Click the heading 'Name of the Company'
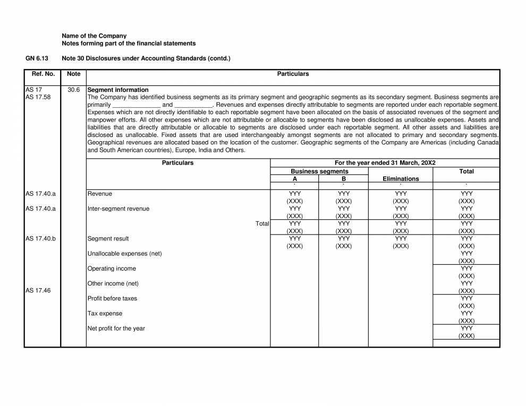(94, 36)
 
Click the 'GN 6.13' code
(37, 58)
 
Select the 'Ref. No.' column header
(43, 74)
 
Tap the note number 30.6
(74, 90)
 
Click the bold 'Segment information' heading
(118, 90)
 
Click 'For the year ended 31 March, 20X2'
(385, 163)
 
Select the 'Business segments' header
(319, 171)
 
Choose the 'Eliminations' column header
(401, 179)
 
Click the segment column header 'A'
(295, 179)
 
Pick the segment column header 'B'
(343, 179)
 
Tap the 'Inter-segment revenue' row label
(118, 209)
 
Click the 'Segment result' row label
(108, 239)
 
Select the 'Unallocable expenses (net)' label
(124, 254)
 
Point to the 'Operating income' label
(112, 269)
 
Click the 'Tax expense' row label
(105, 314)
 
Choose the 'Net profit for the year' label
(116, 329)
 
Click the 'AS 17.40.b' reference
(40, 239)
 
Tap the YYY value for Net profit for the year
(466, 329)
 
